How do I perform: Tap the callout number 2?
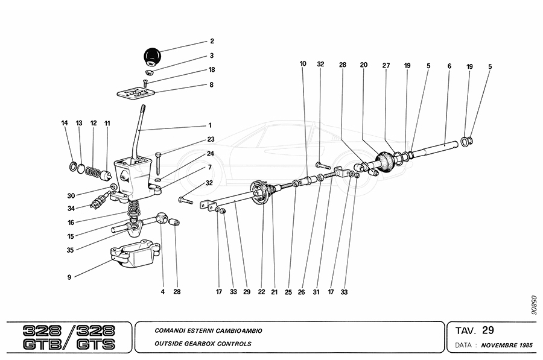[x=212, y=42]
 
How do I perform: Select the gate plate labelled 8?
[x=136, y=92]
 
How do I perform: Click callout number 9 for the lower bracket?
[x=69, y=277]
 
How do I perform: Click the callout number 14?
[x=65, y=123]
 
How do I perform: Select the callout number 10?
[x=302, y=63]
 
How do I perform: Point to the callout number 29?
[x=246, y=292]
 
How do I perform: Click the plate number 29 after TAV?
[x=488, y=329]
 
